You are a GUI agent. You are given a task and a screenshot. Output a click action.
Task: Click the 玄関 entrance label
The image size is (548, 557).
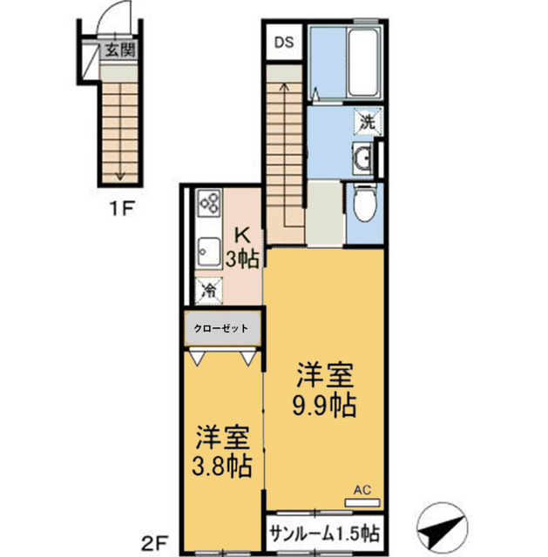click(119, 50)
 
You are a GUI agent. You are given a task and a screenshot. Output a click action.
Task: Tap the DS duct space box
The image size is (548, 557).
click(285, 41)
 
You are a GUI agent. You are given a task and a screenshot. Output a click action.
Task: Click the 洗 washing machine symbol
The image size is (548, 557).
click(368, 122)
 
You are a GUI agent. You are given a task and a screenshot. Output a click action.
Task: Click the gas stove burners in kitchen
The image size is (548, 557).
click(209, 204)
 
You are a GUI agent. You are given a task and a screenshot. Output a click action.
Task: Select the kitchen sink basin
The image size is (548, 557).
click(209, 253)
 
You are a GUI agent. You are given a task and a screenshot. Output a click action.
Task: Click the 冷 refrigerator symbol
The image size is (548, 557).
click(209, 291)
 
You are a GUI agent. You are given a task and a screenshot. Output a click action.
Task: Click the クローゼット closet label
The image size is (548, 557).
click(221, 329)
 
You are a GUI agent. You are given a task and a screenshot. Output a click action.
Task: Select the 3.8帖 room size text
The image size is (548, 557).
click(223, 466)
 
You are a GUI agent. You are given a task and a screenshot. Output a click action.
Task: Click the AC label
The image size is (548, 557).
click(362, 489)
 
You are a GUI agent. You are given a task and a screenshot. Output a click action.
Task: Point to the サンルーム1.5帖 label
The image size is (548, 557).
click(324, 534)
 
